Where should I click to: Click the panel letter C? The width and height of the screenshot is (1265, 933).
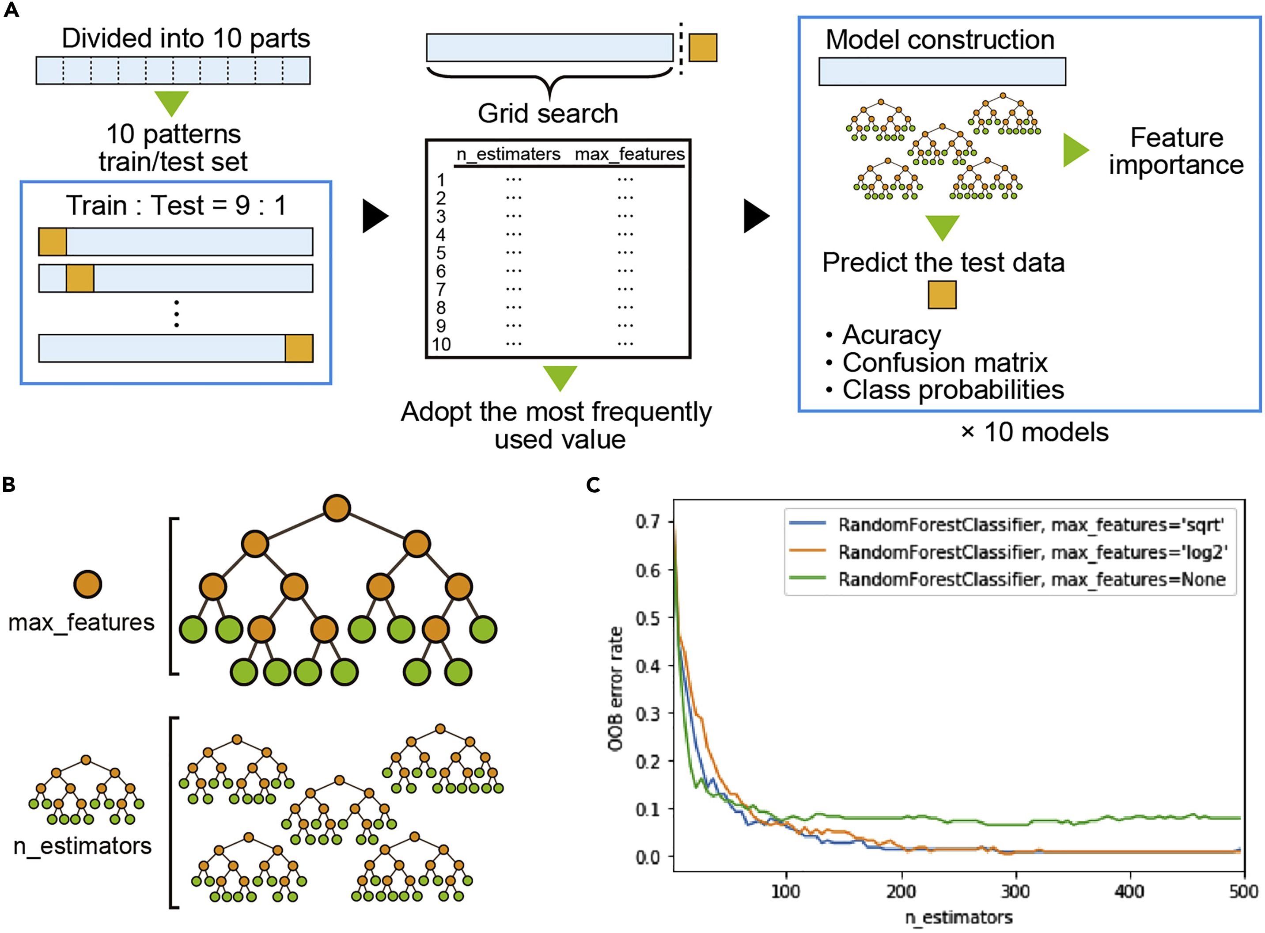click(593, 484)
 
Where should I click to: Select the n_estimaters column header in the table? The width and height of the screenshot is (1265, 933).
click(508, 154)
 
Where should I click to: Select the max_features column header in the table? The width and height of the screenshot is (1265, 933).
click(629, 154)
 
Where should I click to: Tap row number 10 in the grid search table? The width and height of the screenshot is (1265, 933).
click(441, 344)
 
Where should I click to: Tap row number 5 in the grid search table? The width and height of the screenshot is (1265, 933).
click(441, 253)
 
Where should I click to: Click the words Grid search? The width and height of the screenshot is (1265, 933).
click(548, 114)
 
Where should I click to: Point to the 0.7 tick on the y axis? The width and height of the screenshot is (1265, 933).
click(648, 521)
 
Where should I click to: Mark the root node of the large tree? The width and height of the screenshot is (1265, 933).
click(337, 508)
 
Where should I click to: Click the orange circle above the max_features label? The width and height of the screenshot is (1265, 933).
click(87, 584)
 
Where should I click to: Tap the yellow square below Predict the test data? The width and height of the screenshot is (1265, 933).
click(942, 295)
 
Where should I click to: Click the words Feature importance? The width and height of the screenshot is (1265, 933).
click(1176, 151)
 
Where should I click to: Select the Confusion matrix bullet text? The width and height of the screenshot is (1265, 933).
click(944, 362)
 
